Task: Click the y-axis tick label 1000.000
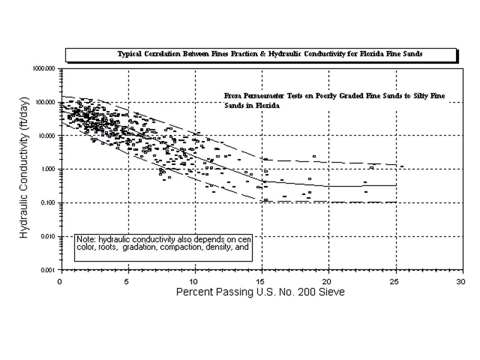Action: [x=44, y=69]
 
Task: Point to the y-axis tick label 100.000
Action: [x=46, y=103]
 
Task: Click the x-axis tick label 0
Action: [x=59, y=281]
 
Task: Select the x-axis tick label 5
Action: [x=127, y=281]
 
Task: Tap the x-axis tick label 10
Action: [x=194, y=281]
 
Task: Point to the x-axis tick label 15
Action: [x=261, y=281]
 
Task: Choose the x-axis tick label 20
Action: [x=328, y=281]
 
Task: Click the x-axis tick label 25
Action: [x=395, y=281]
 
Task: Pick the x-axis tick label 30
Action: [x=461, y=281]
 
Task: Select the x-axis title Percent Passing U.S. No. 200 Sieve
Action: [x=260, y=293]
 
